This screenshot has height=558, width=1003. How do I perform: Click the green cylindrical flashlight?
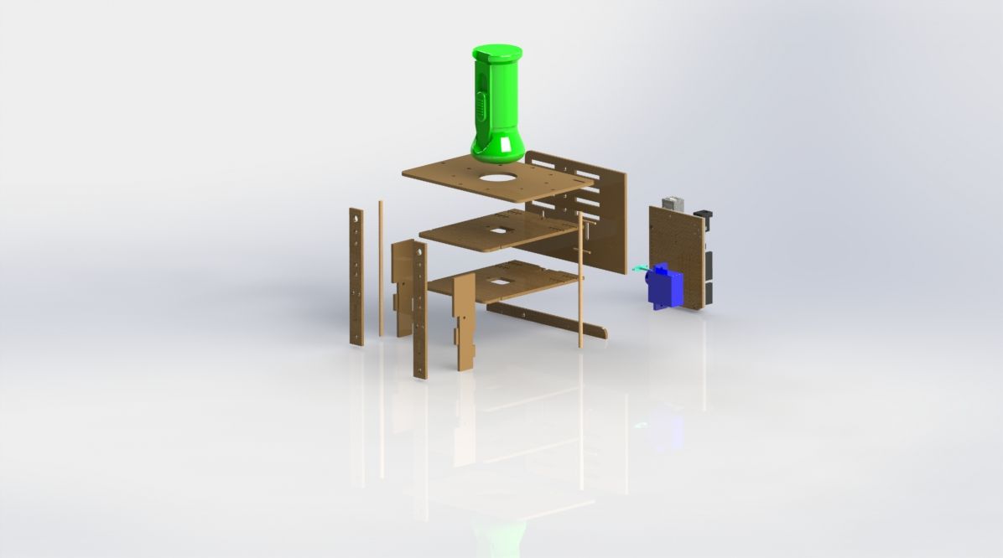[x=497, y=105]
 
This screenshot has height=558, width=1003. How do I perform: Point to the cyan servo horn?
[x=640, y=267]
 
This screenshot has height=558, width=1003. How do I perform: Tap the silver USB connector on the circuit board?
[x=673, y=203]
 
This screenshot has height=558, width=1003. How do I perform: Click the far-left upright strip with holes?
[x=356, y=276]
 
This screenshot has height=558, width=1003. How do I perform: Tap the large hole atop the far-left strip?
[x=357, y=216]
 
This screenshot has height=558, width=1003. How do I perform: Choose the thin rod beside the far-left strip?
[x=381, y=268]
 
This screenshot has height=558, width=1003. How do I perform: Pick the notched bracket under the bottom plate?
[x=463, y=323]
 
